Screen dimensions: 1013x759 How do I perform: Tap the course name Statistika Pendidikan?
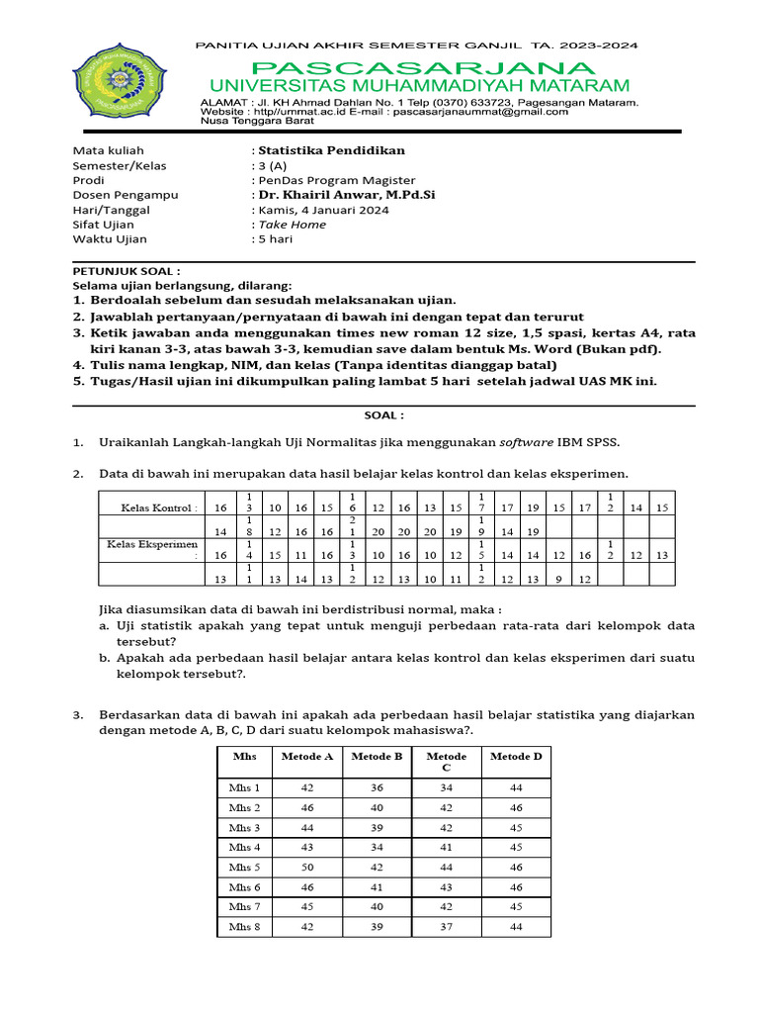pyautogui.click(x=331, y=150)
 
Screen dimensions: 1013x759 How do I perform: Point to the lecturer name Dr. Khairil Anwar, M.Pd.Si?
pyautogui.click(x=346, y=195)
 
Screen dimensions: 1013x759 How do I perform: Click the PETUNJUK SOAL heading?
pyautogui.click(x=126, y=270)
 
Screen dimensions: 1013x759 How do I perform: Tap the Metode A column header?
pyautogui.click(x=307, y=757)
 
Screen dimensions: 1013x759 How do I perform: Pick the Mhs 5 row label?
pyautogui.click(x=244, y=867)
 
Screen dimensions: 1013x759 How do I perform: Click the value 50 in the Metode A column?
pyautogui.click(x=307, y=867)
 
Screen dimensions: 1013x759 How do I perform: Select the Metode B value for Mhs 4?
pyautogui.click(x=377, y=847)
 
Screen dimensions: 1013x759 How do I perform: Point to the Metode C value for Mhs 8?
pyautogui.click(x=446, y=927)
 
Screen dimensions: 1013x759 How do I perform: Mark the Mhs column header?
pyautogui.click(x=244, y=757)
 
